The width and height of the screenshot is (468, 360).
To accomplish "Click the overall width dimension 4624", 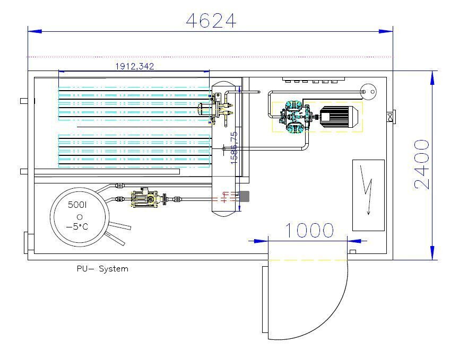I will pos(211,21).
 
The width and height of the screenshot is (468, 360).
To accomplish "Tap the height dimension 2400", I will pos(422,164).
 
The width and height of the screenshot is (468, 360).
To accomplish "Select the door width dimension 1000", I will pos(310,231).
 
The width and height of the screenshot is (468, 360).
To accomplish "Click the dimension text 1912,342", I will pos(135,66).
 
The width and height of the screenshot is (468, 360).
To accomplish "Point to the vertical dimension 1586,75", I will pos(234,147).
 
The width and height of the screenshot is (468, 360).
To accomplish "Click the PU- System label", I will pos(102,269).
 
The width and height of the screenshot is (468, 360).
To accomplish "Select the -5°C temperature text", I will pos(79,227).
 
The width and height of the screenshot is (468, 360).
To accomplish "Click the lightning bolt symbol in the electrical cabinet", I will pos(367,189).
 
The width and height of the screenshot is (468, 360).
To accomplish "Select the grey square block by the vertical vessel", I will pos(245,196).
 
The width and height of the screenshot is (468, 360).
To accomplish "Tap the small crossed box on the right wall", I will pos(390,116).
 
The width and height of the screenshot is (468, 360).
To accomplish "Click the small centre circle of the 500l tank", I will pos(80,216).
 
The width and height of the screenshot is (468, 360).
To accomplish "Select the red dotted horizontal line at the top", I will pos(210,57).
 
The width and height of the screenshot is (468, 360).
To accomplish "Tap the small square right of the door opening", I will pos(353,251).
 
